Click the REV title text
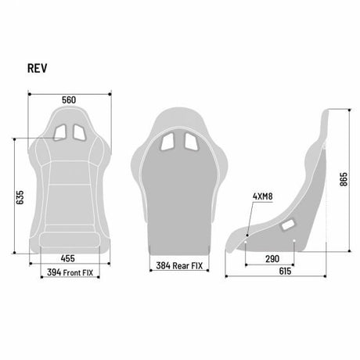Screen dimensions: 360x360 click(x=38, y=68)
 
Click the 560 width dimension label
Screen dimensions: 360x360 click(x=69, y=100)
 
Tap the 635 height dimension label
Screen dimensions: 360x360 click(x=20, y=197)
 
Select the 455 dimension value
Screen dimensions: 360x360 click(x=68, y=258)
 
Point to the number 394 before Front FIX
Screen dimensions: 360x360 click(x=54, y=272)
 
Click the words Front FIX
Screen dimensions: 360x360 click(x=78, y=273)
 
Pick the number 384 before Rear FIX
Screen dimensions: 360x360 click(x=163, y=265)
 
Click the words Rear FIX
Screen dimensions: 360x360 click(x=188, y=266)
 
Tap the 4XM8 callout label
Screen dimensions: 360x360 click(x=263, y=196)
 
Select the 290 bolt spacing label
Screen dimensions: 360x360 click(x=272, y=259)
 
